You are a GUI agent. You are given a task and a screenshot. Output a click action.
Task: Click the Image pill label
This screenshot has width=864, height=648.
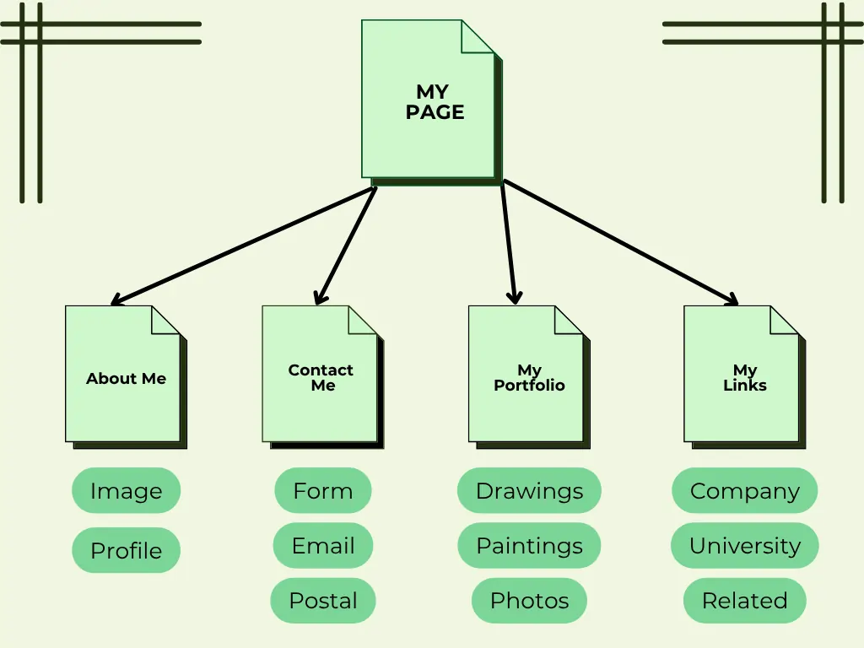pos(126,490)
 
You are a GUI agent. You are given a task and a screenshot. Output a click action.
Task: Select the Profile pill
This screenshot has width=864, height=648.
pos(126,550)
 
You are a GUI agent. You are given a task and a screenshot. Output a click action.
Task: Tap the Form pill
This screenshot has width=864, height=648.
pos(322,490)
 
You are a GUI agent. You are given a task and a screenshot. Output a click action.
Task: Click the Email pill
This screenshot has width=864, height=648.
pos(322,546)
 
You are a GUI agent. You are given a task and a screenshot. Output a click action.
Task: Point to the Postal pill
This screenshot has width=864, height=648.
pos(322,601)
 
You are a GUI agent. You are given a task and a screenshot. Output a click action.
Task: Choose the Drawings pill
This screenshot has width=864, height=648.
pos(529,490)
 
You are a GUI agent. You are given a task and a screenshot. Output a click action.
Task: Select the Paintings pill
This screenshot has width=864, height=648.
pos(529,546)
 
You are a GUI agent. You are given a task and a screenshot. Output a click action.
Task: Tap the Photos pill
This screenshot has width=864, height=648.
pos(529,601)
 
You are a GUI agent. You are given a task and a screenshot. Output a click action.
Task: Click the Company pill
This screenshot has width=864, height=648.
pos(744,490)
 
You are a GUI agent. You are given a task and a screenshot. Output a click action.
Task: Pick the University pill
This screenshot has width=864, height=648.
pos(744,546)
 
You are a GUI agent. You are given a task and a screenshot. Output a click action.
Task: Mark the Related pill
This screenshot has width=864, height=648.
pos(744,601)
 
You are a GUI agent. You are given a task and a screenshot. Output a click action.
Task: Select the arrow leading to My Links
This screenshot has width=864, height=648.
pos(621,241)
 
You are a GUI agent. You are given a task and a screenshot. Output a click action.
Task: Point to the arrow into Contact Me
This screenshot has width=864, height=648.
pos(345,245)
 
